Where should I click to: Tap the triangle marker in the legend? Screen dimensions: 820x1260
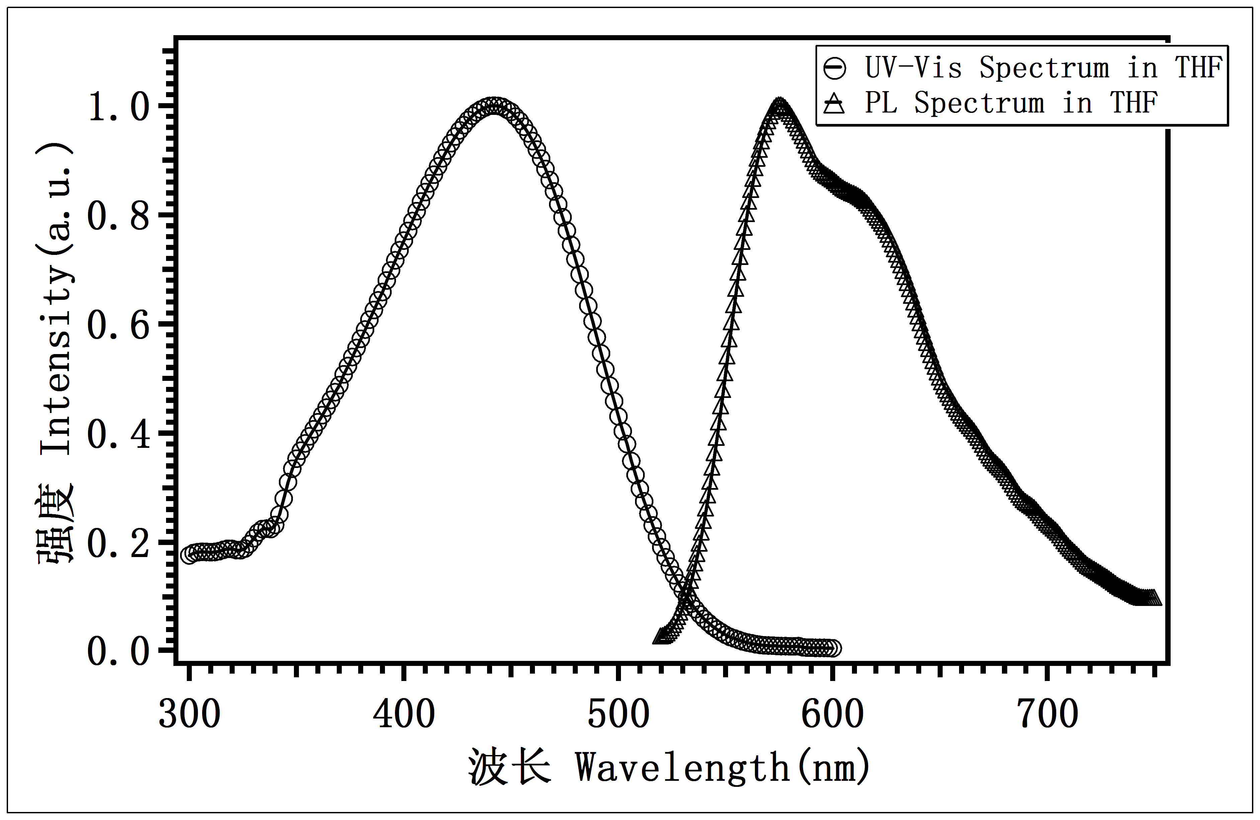[835, 103]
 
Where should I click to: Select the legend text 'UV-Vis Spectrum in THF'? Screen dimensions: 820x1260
[1043, 68]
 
